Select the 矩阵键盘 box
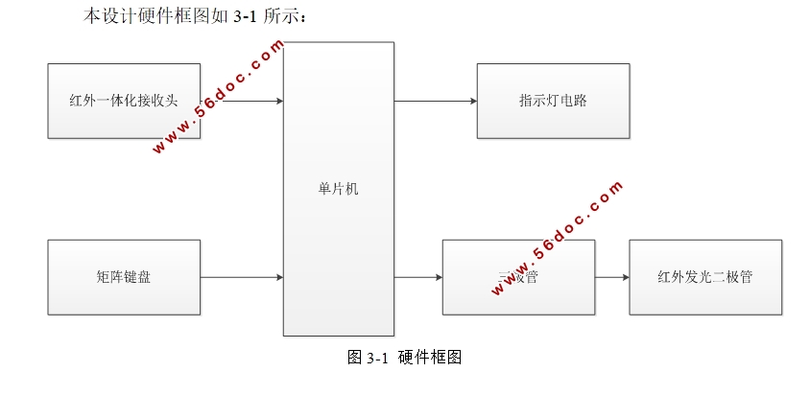click(x=123, y=277)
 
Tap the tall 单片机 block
click(x=338, y=240)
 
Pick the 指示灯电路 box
click(x=553, y=101)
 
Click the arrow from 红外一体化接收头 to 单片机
click(x=242, y=101)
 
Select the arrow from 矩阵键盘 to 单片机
click(x=242, y=277)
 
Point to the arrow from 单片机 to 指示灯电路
click(x=435, y=101)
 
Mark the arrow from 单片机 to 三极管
click(x=417, y=277)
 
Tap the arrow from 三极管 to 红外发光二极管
click(x=611, y=277)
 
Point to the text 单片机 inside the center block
click(x=338, y=189)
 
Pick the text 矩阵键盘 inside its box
click(x=123, y=277)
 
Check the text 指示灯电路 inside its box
click(x=553, y=101)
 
